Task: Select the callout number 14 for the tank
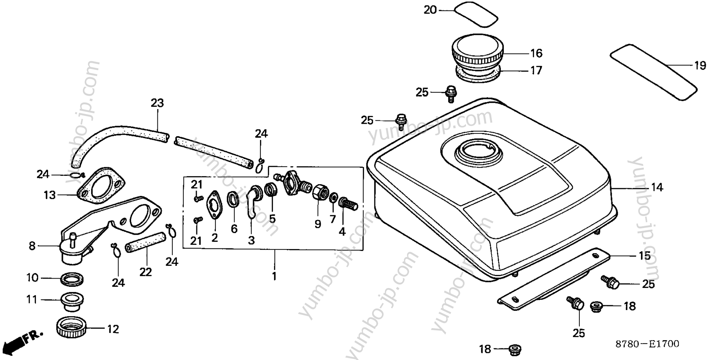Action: tap(657, 187)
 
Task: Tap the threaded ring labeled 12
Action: tap(72, 327)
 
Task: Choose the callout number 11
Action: tap(32, 300)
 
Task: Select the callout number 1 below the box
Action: tap(274, 276)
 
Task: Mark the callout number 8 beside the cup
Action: tap(32, 246)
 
